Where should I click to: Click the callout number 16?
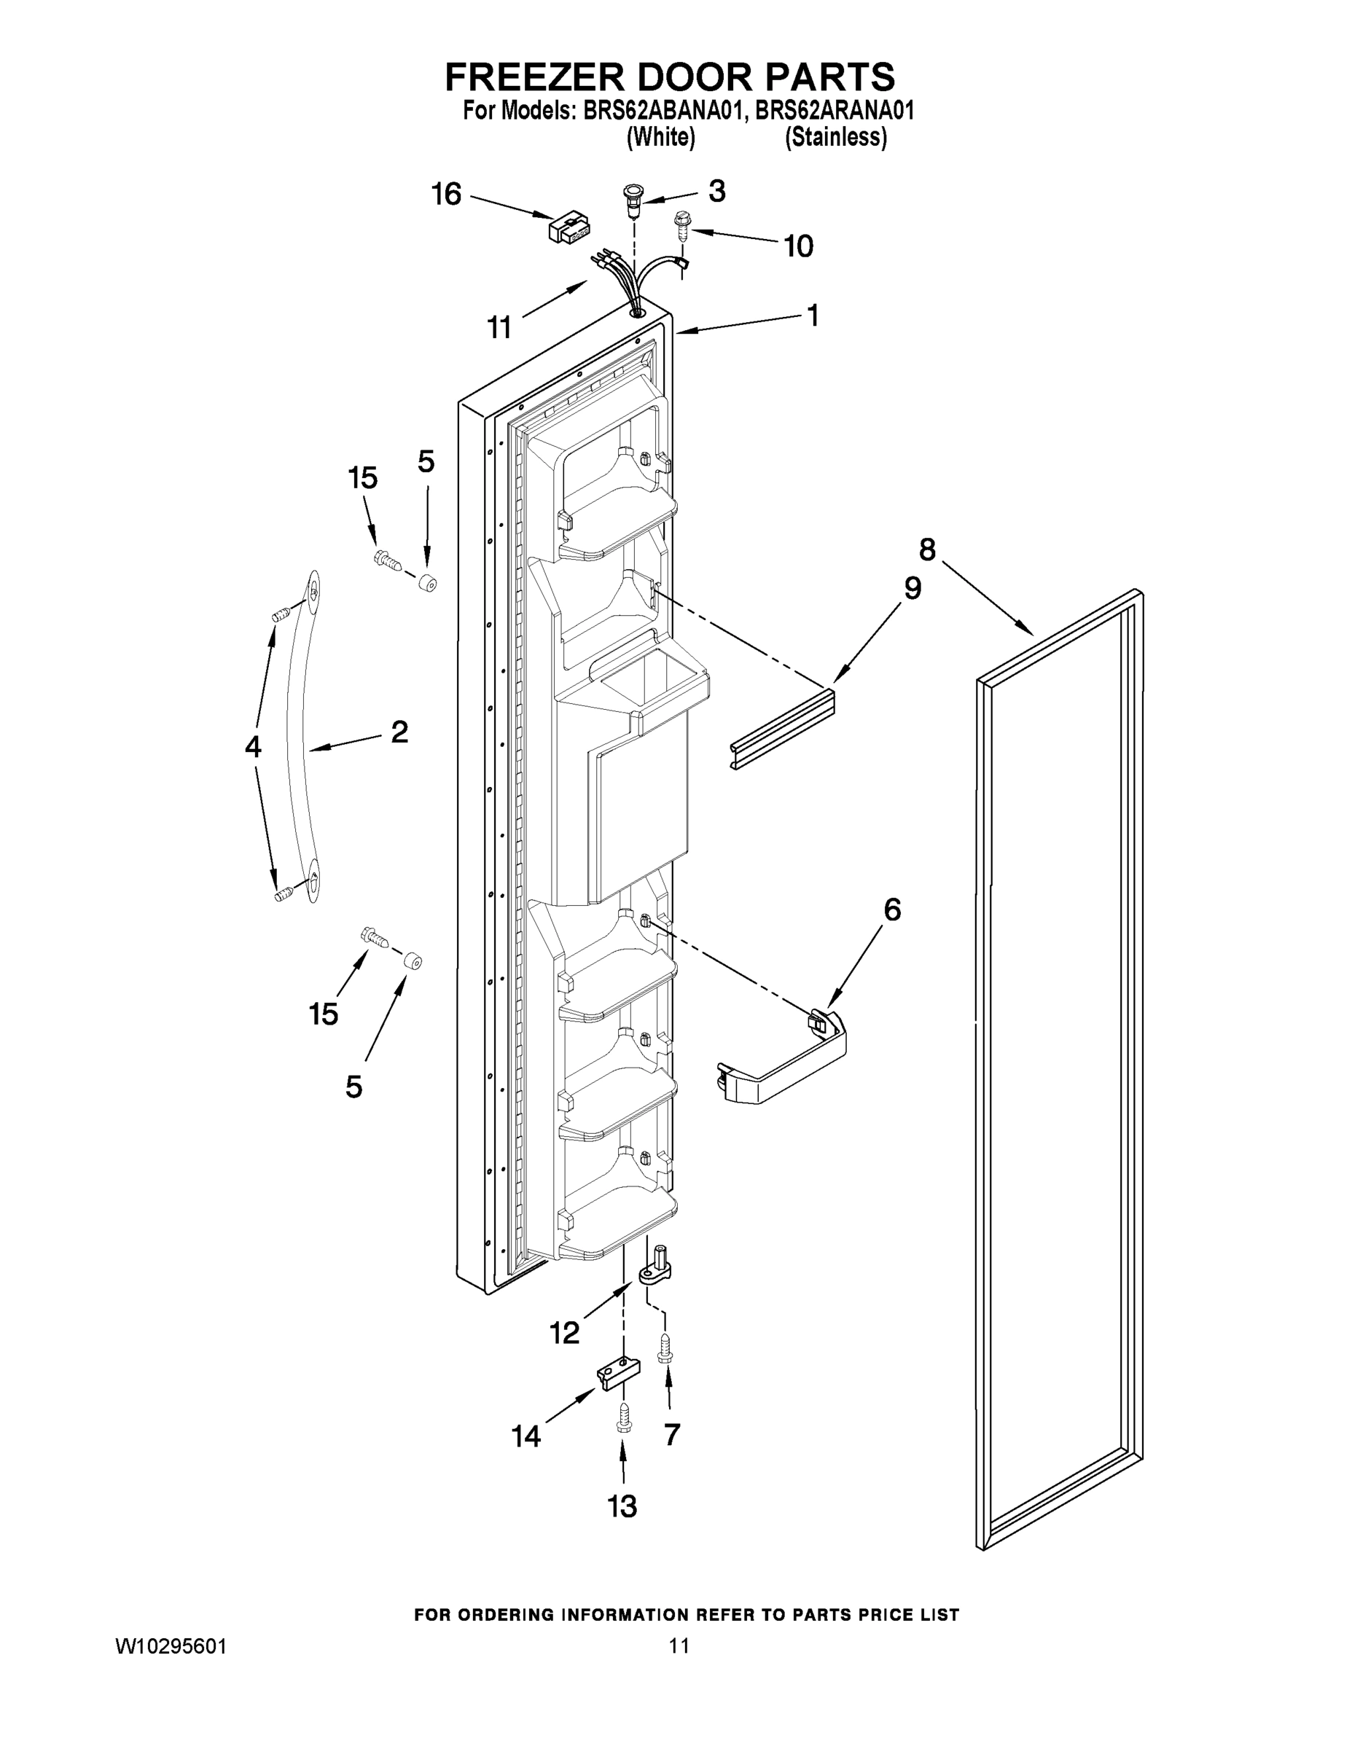click(x=446, y=194)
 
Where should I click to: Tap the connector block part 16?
click(x=568, y=227)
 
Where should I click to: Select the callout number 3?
click(x=717, y=191)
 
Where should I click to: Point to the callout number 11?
click(x=499, y=326)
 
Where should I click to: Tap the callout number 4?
click(x=253, y=746)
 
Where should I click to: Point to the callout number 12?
click(x=564, y=1333)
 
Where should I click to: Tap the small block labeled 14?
click(x=619, y=1373)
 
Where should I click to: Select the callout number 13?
click(x=622, y=1506)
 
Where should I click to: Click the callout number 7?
click(x=672, y=1434)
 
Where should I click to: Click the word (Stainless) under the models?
click(x=835, y=138)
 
